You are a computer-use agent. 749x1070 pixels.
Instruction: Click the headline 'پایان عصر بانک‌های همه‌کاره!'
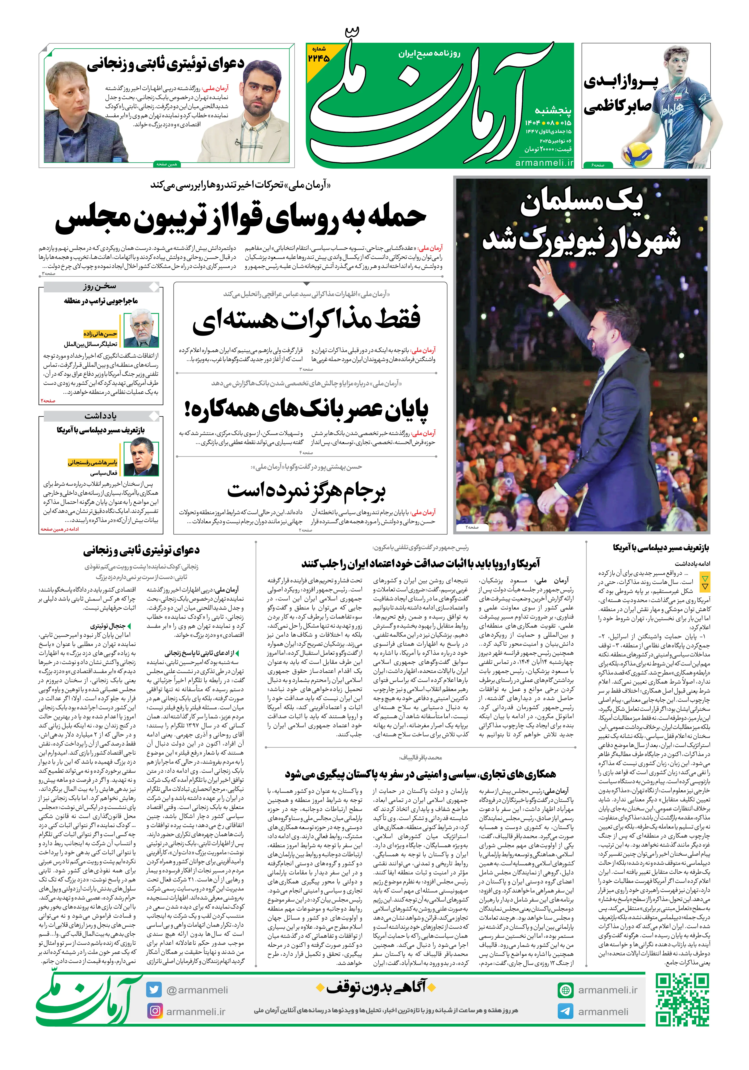pos(306,409)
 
